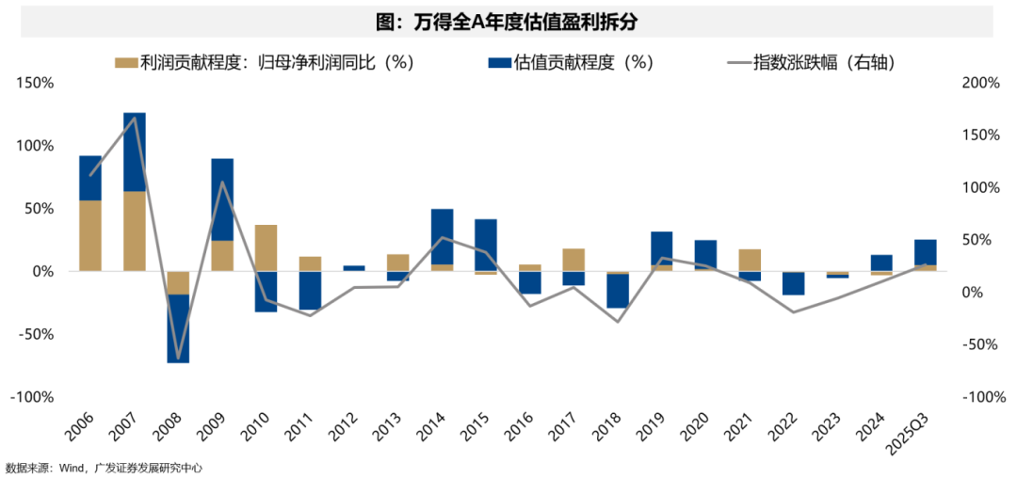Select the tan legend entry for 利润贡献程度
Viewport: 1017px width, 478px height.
tap(264, 62)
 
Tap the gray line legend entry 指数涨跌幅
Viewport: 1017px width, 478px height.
tap(811, 62)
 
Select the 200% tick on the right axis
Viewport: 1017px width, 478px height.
tap(980, 83)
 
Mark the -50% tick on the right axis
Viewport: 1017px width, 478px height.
tap(980, 344)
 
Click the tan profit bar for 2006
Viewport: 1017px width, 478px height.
tap(90, 235)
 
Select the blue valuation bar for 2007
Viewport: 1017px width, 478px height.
tap(135, 151)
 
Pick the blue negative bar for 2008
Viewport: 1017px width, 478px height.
tap(179, 328)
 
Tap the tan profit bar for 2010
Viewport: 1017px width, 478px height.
tap(266, 247)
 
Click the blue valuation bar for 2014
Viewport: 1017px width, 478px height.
tap(443, 236)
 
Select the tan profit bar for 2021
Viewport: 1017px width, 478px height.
tap(750, 260)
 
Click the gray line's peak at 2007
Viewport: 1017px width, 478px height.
tap(135, 118)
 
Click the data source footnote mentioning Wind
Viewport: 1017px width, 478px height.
tap(104, 468)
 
